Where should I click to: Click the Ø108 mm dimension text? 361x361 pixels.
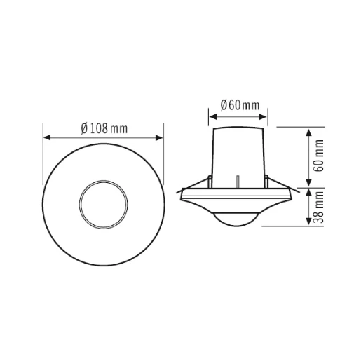pos(104,128)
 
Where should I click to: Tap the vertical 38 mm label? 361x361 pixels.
pos(319,207)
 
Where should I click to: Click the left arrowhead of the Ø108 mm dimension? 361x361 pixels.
pos(46,137)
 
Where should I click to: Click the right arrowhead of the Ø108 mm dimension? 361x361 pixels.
pos(161,137)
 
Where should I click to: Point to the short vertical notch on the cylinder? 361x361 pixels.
pos(238,182)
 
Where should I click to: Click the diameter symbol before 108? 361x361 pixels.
pos(83,128)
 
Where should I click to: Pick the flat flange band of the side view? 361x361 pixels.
pos(238,196)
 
